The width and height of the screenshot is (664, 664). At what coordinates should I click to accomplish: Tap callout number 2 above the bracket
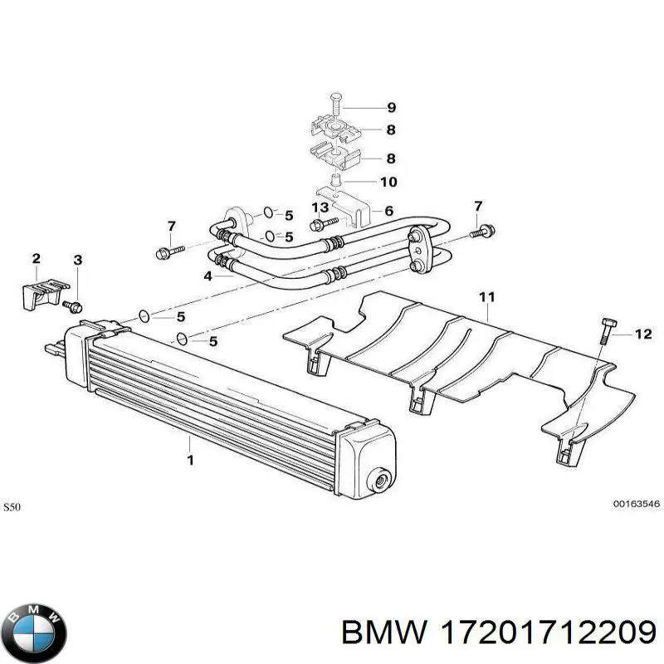[36, 259]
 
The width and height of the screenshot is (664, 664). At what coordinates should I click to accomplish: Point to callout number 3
[77, 261]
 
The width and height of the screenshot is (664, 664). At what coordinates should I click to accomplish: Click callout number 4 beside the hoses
[207, 276]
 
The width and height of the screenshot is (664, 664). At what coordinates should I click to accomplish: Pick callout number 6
[388, 211]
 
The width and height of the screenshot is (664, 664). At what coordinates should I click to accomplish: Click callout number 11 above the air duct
[487, 295]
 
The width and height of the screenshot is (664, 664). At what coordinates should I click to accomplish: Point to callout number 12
[644, 334]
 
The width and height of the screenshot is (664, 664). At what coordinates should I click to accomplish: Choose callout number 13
[320, 207]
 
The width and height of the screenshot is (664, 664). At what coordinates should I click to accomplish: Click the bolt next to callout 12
[604, 332]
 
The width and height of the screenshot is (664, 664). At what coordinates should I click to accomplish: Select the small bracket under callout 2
[39, 293]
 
